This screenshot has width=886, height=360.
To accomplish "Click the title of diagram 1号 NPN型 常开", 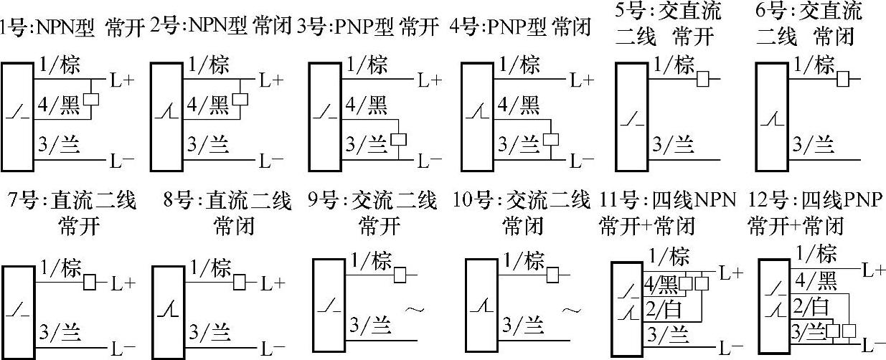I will [x=75, y=29].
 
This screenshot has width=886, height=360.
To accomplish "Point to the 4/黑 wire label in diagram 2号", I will [x=207, y=107].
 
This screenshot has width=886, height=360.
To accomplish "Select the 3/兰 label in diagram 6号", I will [x=814, y=146].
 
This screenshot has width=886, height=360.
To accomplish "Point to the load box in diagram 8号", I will [x=241, y=283].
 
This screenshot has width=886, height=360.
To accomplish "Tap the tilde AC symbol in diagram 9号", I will [x=414, y=310].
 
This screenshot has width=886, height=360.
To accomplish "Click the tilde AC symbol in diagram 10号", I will [x=570, y=310].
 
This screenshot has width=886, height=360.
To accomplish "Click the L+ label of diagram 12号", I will [x=873, y=270].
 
